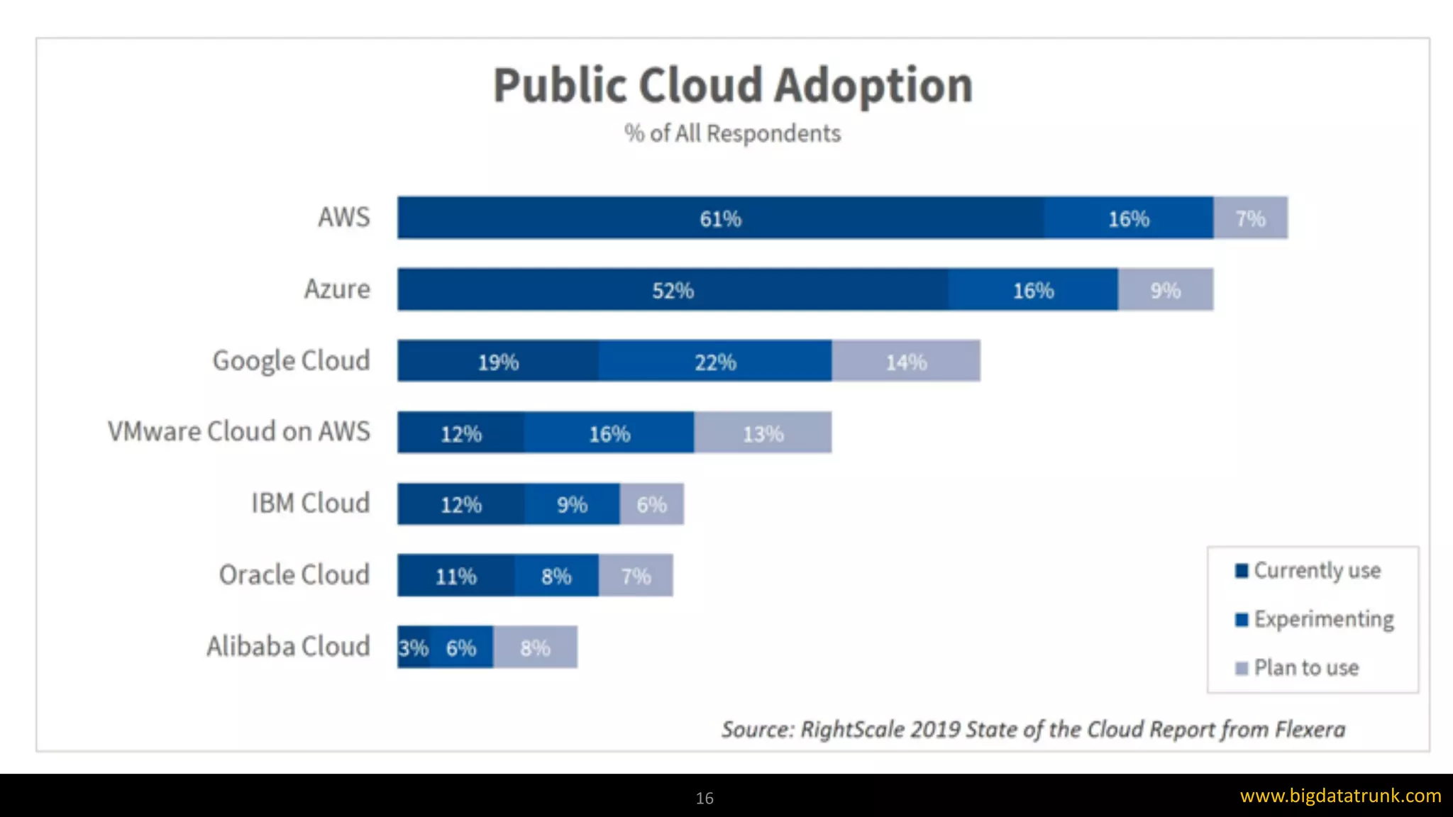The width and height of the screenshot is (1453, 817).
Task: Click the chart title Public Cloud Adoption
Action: click(x=732, y=86)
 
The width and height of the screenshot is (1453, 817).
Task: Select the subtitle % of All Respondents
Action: click(x=732, y=133)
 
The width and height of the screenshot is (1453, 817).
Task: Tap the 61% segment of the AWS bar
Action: click(x=720, y=218)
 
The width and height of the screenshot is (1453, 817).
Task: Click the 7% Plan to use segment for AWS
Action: click(x=1250, y=218)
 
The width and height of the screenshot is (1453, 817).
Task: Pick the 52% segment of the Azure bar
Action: click(x=673, y=290)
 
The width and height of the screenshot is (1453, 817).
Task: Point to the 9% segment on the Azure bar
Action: click(x=1165, y=290)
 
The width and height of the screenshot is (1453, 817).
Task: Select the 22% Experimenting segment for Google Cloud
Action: click(x=715, y=362)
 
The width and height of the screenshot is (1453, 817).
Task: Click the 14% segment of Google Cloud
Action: click(x=906, y=362)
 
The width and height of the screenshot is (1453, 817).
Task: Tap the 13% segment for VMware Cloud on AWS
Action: click(x=763, y=433)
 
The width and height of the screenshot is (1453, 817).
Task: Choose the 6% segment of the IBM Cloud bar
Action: click(x=651, y=504)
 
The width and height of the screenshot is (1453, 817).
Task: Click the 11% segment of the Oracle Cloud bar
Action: click(x=455, y=576)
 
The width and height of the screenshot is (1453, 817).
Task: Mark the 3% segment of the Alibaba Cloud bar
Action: click(x=413, y=648)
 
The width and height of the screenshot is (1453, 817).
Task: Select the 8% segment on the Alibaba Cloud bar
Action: click(x=535, y=648)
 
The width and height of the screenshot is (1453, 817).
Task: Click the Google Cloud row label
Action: click(x=292, y=360)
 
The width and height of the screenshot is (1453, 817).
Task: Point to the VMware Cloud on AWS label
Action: click(x=239, y=431)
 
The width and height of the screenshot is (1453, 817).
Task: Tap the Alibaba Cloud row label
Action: click(x=289, y=646)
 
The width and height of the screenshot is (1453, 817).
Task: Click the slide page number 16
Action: click(x=705, y=798)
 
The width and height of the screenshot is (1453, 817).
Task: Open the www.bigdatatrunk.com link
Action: click(x=1340, y=796)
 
